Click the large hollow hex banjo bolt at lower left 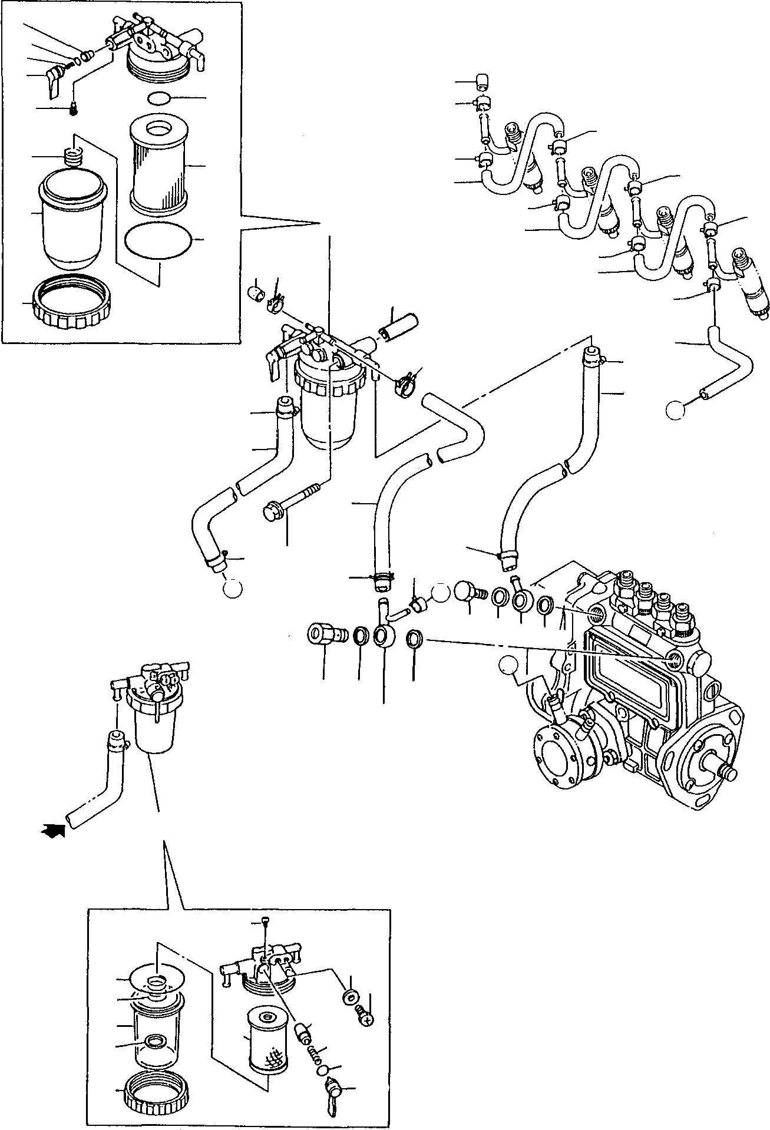(323, 637)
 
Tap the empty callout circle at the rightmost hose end (675, 410)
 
